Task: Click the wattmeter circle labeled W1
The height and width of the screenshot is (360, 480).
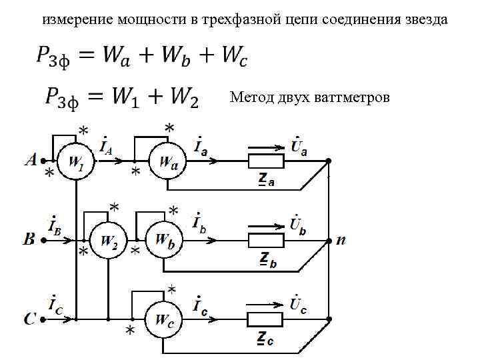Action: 75,162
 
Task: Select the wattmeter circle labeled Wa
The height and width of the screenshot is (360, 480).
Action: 167,162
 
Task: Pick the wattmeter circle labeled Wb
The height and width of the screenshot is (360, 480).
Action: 164,240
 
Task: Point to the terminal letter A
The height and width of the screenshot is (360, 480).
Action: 30,160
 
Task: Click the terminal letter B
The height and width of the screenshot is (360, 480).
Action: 29,240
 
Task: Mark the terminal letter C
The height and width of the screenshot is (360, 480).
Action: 30,319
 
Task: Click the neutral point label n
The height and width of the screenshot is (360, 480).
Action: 341,240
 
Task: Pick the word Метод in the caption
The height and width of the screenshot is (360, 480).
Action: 251,98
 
